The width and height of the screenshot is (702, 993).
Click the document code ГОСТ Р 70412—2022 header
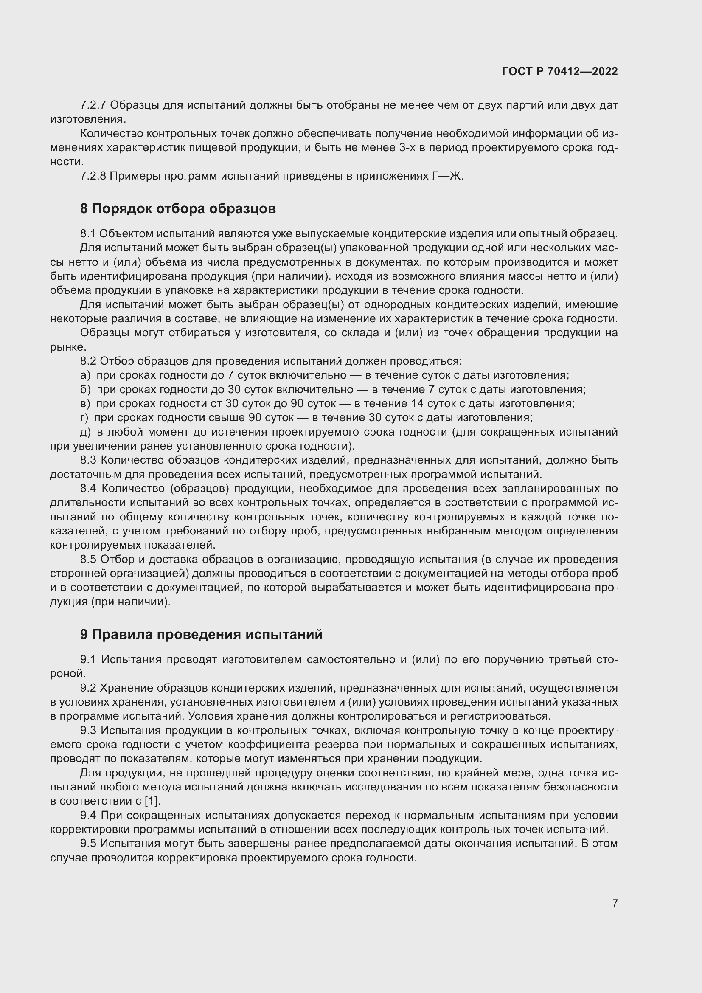[x=559, y=71]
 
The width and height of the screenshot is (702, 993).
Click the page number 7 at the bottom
[x=615, y=903]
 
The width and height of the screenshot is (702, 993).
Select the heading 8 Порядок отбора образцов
[x=178, y=209]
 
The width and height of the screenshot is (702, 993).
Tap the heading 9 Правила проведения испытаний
[x=201, y=634]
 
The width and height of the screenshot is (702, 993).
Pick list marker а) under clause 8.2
[x=85, y=375]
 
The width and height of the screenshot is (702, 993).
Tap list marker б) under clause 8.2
[x=85, y=389]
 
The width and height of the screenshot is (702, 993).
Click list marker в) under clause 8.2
[x=85, y=403]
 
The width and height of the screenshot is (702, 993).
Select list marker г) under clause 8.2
[x=84, y=418]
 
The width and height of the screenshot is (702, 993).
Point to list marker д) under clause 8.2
[x=85, y=432]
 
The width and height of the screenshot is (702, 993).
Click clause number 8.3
[x=89, y=460]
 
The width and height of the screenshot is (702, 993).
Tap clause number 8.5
[x=89, y=559]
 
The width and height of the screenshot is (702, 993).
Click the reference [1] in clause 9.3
[x=152, y=801]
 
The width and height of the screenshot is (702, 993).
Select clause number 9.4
[x=89, y=815]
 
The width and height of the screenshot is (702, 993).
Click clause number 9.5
[x=89, y=844]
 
